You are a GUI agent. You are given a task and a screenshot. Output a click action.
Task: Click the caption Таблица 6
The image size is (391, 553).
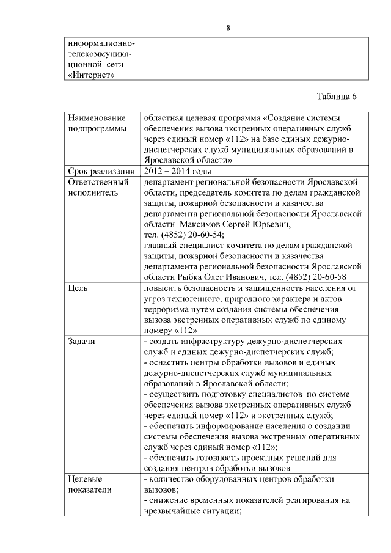pyautogui.click(x=337, y=97)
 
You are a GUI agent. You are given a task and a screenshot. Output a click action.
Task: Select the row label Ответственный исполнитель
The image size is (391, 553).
pyautogui.click(x=98, y=187)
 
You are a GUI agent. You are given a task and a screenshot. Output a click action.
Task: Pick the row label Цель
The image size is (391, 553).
pyautogui.click(x=78, y=287)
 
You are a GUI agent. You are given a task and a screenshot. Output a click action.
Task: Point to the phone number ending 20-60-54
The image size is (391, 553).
pyautogui.click(x=184, y=235)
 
